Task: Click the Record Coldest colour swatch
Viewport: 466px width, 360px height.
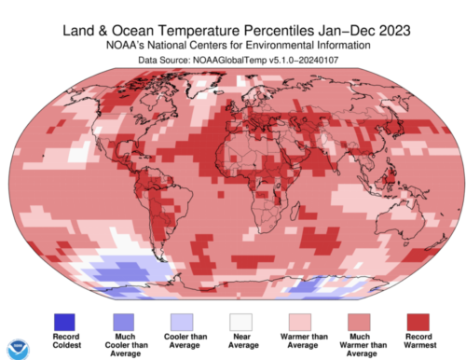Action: (x=64, y=322)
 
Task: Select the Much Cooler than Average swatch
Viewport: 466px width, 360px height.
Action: (x=124, y=322)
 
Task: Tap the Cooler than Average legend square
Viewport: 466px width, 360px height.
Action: (x=182, y=322)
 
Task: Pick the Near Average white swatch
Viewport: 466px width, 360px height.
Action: (x=240, y=322)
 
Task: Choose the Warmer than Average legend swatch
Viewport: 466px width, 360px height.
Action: (x=300, y=322)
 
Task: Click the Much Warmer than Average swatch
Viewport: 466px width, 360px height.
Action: (x=359, y=322)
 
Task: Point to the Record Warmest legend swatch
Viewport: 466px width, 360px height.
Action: (x=418, y=322)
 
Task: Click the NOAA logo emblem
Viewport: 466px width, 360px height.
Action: (x=19, y=350)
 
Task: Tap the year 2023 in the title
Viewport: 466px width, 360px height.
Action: (x=395, y=31)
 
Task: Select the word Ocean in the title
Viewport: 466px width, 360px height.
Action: (x=132, y=31)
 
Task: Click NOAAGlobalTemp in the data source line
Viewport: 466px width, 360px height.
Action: (x=229, y=60)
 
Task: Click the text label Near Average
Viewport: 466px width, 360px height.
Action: (x=243, y=340)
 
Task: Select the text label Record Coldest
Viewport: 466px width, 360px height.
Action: (x=66, y=340)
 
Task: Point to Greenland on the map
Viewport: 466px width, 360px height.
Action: (x=203, y=84)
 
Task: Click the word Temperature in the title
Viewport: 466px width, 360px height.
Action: (x=199, y=31)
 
